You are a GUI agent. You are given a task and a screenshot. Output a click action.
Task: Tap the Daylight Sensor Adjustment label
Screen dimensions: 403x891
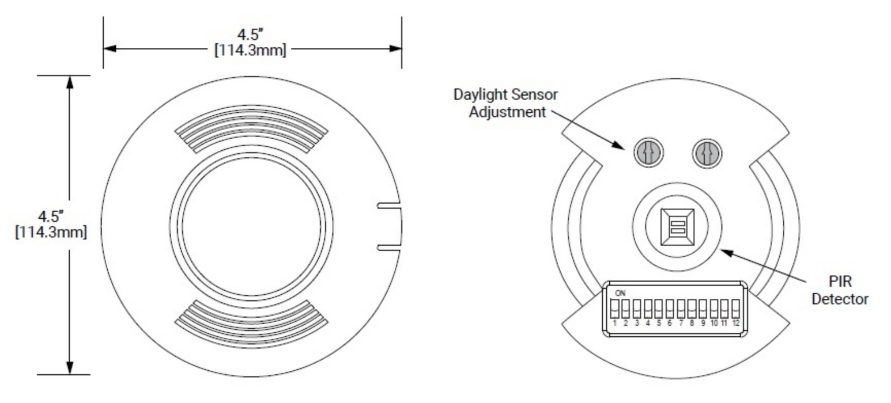pyautogui.click(x=505, y=102)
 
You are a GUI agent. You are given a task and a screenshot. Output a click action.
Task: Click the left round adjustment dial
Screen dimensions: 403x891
pyautogui.click(x=648, y=153)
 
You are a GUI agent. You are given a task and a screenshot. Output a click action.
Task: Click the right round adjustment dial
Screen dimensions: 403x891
pyautogui.click(x=707, y=154)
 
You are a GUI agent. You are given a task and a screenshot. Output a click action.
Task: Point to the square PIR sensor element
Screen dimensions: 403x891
pyautogui.click(x=677, y=226)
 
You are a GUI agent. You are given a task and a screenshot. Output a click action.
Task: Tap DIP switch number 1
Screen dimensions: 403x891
pyautogui.click(x=615, y=310)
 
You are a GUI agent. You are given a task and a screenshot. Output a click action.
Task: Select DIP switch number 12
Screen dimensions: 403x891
pyautogui.click(x=736, y=310)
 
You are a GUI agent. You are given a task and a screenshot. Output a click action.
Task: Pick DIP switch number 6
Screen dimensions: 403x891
pyautogui.click(x=670, y=310)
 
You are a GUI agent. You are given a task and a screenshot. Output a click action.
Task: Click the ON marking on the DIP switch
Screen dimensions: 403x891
pyautogui.click(x=620, y=293)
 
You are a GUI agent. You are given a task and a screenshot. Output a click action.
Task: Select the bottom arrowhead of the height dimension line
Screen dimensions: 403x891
pyautogui.click(x=70, y=368)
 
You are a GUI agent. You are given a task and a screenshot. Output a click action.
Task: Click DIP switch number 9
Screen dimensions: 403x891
pyautogui.click(x=703, y=310)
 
